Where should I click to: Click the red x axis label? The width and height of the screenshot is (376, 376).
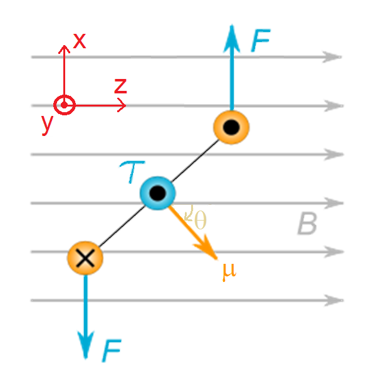[x=80, y=41]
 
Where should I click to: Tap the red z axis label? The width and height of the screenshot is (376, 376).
[x=120, y=86]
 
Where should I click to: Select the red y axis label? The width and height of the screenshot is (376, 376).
[x=46, y=124]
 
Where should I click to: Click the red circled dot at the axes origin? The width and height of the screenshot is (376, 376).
[x=64, y=105]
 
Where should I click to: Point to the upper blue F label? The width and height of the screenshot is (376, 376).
[x=261, y=41]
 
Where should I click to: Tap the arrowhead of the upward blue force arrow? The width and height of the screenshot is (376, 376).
[x=232, y=33]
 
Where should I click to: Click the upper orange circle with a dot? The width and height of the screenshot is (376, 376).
[x=231, y=127]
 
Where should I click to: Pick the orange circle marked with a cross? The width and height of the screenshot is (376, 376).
[x=85, y=257]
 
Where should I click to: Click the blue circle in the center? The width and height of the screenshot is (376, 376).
[x=157, y=193]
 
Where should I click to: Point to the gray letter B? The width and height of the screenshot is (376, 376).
[x=307, y=224]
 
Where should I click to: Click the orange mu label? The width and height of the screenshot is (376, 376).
[x=229, y=271]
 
